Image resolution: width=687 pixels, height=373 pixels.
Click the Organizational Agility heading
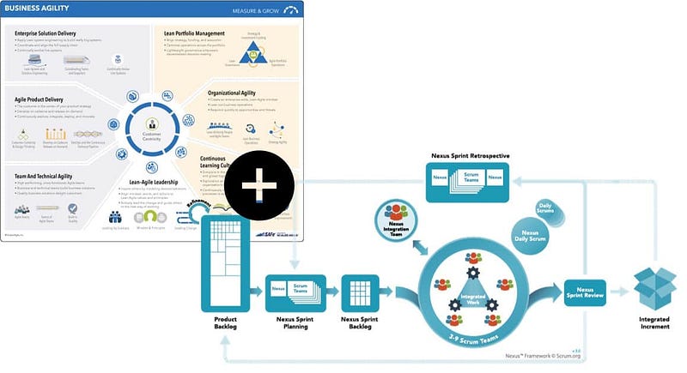[x=235, y=92]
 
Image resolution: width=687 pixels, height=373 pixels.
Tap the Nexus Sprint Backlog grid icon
[x=361, y=293]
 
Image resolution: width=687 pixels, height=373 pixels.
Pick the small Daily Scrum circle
[x=544, y=208]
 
